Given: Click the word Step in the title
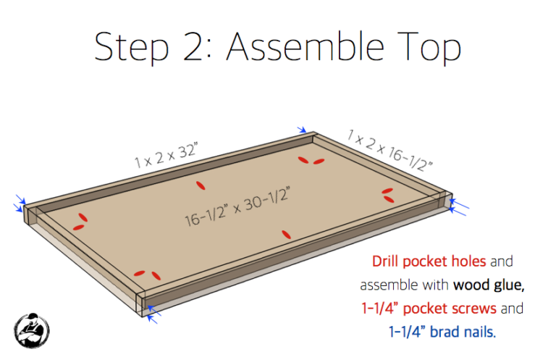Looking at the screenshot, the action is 132,48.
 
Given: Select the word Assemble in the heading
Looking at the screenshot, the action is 306,46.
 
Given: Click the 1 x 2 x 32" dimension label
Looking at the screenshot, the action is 166,155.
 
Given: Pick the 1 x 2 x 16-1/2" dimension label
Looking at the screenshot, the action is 389,150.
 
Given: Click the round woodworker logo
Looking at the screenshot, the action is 32,330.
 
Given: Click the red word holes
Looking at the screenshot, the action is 469,261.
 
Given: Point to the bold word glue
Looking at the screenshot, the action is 507,285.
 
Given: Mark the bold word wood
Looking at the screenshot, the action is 471,285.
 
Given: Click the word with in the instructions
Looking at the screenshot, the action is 435,285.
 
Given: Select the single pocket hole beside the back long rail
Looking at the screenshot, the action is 201,185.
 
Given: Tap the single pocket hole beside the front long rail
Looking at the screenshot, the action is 286,235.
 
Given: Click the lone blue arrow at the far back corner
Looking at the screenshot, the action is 302,130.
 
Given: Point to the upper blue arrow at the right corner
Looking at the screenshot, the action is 459,204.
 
